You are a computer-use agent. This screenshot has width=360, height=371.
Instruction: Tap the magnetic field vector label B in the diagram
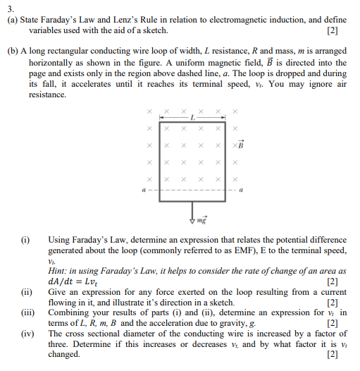(x=240, y=146)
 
